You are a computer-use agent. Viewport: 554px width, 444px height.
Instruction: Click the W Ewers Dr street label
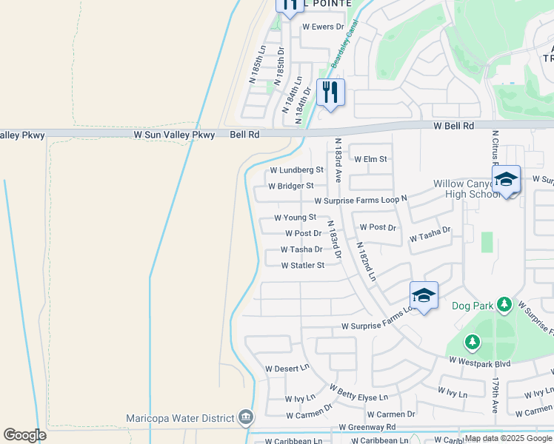[324, 27]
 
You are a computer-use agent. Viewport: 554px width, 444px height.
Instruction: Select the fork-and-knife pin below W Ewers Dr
[330, 92]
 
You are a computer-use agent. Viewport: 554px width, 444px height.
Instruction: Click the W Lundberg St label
[296, 169]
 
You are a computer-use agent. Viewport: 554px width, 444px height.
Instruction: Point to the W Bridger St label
[291, 186]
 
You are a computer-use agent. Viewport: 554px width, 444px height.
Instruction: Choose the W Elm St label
[370, 159]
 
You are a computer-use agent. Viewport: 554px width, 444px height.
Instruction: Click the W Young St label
[295, 218]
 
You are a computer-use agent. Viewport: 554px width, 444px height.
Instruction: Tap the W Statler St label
[302, 265]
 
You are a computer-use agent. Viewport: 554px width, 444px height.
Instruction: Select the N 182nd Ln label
[367, 262]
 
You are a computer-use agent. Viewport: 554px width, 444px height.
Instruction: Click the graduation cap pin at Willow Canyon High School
[507, 180]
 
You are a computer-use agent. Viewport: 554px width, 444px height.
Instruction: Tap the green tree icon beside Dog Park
[504, 304]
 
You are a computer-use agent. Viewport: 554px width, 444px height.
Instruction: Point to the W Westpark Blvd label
[480, 363]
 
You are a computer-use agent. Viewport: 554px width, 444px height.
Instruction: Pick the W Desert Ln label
[287, 368]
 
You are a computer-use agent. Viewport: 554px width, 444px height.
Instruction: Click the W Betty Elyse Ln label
[358, 392]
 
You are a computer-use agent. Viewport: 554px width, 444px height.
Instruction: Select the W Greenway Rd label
[367, 427]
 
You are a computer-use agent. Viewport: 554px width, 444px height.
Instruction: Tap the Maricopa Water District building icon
[245, 418]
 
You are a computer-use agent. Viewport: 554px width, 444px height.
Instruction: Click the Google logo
[25, 435]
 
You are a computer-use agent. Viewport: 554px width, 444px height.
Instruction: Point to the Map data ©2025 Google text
[507, 438]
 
